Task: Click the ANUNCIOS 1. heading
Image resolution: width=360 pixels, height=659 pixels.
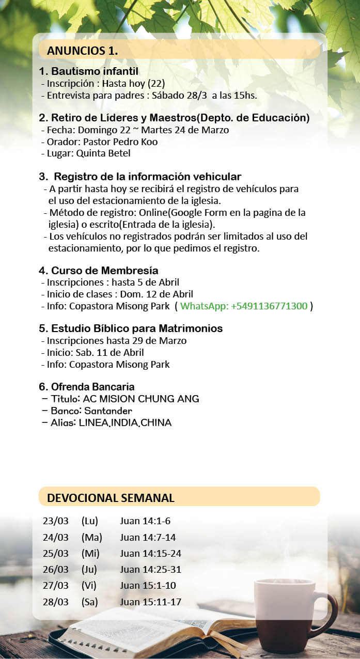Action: [82, 51]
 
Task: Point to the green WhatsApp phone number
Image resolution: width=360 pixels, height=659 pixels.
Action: [244, 306]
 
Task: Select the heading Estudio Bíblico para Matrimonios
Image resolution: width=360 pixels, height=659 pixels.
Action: [131, 328]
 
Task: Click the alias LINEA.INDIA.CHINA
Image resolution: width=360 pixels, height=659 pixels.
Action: [125, 423]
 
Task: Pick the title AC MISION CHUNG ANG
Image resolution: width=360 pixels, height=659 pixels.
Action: [141, 399]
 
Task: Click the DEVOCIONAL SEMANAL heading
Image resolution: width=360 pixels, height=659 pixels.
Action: [111, 498]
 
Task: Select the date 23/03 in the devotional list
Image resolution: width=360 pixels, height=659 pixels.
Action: [55, 521]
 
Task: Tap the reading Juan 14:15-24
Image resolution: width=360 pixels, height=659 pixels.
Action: [150, 554]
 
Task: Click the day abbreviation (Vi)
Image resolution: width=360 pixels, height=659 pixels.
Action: [89, 585]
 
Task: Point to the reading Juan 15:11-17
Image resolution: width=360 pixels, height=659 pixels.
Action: [150, 602]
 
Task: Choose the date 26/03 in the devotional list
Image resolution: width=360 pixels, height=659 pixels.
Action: [55, 570]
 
